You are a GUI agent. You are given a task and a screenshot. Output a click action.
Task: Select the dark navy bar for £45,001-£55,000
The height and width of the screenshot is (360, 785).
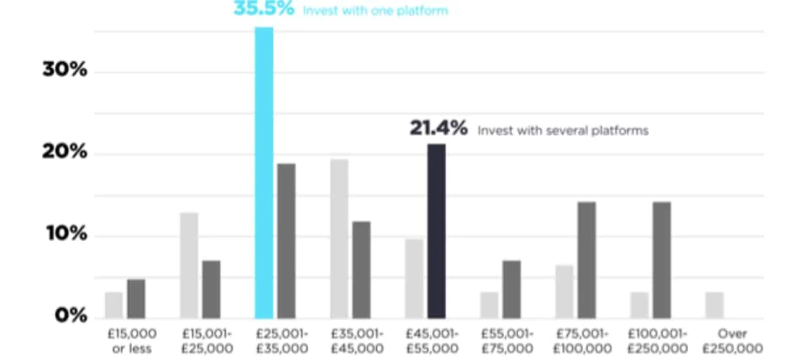pyautogui.click(x=436, y=231)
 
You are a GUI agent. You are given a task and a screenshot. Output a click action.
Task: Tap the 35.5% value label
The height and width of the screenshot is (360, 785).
pyautogui.click(x=264, y=10)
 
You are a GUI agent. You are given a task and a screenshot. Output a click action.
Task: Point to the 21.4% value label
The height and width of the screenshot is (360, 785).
pyautogui.click(x=438, y=129)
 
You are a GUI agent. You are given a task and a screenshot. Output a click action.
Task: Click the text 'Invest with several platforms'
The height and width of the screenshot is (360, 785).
pyautogui.click(x=563, y=131)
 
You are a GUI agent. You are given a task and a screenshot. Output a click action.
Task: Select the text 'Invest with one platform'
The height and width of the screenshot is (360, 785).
pyautogui.click(x=375, y=11)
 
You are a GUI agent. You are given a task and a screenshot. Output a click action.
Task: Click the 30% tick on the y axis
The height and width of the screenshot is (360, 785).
pyautogui.click(x=65, y=70)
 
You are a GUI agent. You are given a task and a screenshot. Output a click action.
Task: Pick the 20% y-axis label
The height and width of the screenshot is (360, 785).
pyautogui.click(x=65, y=152)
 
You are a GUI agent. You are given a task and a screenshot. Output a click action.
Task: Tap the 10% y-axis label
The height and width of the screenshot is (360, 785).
pyautogui.click(x=65, y=234)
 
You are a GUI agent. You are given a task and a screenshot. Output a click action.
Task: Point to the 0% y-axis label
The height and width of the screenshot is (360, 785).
pyautogui.click(x=71, y=315)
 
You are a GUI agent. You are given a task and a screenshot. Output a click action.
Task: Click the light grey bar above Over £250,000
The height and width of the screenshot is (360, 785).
pyautogui.click(x=714, y=305)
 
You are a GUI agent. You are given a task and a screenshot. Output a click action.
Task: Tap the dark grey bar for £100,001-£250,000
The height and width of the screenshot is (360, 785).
pyautogui.click(x=661, y=260)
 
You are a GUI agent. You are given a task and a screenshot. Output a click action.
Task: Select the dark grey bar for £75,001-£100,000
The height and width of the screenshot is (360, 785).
pyautogui.click(x=586, y=260)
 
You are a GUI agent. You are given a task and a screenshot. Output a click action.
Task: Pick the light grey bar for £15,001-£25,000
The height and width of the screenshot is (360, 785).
pyautogui.click(x=188, y=265)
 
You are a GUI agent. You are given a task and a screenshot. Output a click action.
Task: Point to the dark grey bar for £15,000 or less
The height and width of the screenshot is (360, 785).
pyautogui.click(x=136, y=298)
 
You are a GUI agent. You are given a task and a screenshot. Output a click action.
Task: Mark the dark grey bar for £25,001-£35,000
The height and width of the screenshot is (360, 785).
pyautogui.click(x=286, y=241)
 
